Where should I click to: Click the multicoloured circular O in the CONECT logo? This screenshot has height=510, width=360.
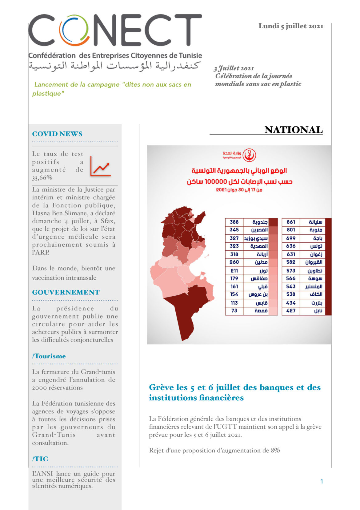coord(74,30)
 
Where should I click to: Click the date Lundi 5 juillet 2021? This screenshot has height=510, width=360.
coord(291,26)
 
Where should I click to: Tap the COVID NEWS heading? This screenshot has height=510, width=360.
coord(57,134)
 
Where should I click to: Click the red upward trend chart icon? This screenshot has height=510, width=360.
coord(100,167)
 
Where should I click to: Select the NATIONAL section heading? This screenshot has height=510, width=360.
coord(293,130)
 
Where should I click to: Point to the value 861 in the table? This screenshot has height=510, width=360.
coord(291,222)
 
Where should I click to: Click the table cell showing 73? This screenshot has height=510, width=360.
coord(234,311)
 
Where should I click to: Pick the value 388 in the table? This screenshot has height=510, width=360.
coord(234,222)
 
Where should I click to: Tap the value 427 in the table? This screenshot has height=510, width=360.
coord(291,311)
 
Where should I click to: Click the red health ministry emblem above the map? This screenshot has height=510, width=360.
coord(249,155)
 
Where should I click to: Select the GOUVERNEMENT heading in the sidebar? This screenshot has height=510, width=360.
coord(66,292)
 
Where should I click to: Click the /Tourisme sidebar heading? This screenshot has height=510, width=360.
coord(49,356)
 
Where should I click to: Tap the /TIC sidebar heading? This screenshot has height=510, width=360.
coord(40,459)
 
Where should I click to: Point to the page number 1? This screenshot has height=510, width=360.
coord(322,481)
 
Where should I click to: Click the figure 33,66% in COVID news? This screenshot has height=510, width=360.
coord(42,178)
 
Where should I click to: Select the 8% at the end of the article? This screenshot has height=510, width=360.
coord(275,451)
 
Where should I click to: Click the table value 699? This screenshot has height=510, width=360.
coord(291,238)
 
